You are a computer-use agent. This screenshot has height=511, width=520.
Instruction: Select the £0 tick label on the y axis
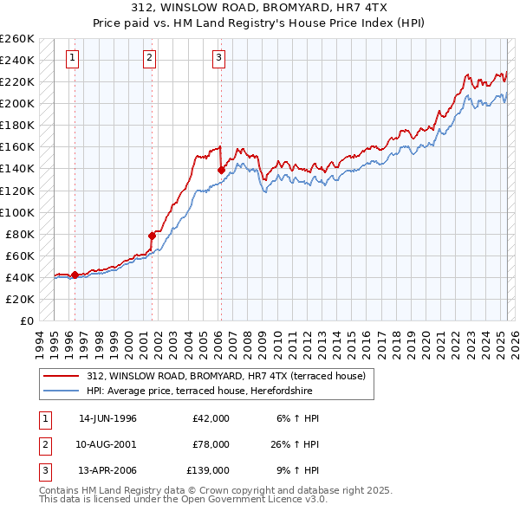pyautogui.click(x=26, y=320)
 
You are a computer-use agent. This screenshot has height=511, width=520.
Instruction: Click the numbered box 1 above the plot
pyautogui.click(x=71, y=58)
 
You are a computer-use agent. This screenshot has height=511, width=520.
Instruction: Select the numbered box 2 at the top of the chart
pyautogui.click(x=149, y=58)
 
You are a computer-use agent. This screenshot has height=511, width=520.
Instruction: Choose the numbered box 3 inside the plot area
pyautogui.click(x=218, y=58)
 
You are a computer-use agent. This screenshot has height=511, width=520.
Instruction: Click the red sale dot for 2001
pyautogui.click(x=152, y=235)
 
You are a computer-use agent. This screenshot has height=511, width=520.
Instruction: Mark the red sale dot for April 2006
pyautogui.click(x=221, y=170)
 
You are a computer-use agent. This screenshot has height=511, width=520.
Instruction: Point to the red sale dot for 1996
pyautogui.click(x=75, y=275)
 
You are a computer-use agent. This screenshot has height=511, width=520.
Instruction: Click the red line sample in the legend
pyautogui.click(x=61, y=376)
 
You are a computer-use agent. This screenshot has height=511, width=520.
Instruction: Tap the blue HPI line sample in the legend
pyautogui.click(x=61, y=391)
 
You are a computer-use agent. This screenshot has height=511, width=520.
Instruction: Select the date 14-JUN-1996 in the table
pyautogui.click(x=107, y=418)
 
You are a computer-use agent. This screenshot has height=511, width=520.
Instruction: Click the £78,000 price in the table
pyautogui.click(x=211, y=444)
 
